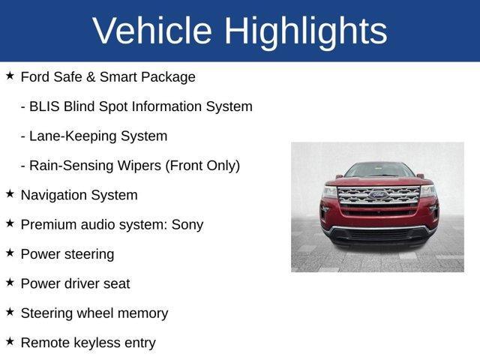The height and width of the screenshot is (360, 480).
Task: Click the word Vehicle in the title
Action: [x=152, y=31]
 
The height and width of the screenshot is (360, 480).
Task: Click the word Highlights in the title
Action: [x=306, y=31]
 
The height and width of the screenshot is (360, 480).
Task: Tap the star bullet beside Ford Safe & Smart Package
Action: [x=10, y=76]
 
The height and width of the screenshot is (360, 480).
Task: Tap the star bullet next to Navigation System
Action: [x=10, y=193]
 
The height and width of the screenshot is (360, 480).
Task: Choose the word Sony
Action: [x=187, y=224]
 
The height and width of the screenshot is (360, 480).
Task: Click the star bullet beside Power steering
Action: [x=10, y=253]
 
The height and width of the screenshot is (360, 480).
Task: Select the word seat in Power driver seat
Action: [x=116, y=283]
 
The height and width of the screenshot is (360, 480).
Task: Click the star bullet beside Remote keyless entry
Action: [x=10, y=341]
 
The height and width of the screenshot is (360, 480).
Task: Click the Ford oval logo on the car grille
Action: [x=378, y=195]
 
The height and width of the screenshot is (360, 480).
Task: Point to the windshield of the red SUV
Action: [x=378, y=171]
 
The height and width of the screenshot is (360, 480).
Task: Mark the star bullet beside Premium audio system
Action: [x=10, y=223]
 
